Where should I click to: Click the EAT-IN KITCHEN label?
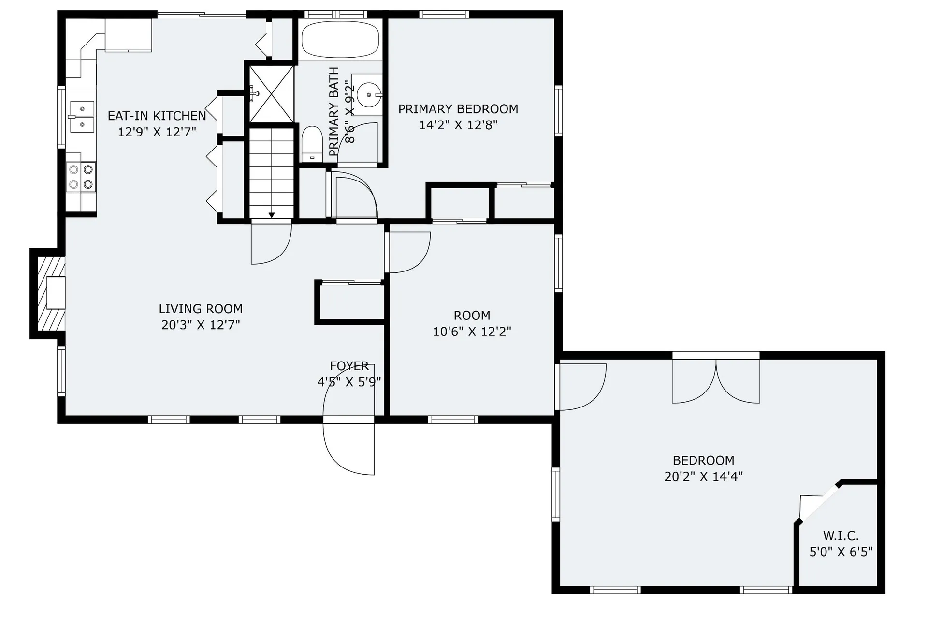(157, 116)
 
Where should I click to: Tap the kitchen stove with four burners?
(81, 177)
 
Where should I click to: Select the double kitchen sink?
(82, 117)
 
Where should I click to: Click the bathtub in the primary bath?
(340, 39)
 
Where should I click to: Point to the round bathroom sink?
(370, 95)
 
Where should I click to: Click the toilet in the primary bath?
(312, 143)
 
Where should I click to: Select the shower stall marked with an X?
(271, 94)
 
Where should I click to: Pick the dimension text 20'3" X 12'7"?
(201, 325)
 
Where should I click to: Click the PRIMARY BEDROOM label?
(458, 109)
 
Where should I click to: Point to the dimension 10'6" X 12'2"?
(472, 332)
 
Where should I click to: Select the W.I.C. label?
(841, 536)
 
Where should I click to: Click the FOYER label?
(349, 366)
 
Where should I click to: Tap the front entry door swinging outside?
(349, 448)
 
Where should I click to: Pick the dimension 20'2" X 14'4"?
(703, 476)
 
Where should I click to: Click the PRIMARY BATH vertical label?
(333, 112)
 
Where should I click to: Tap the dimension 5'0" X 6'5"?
(841, 552)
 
